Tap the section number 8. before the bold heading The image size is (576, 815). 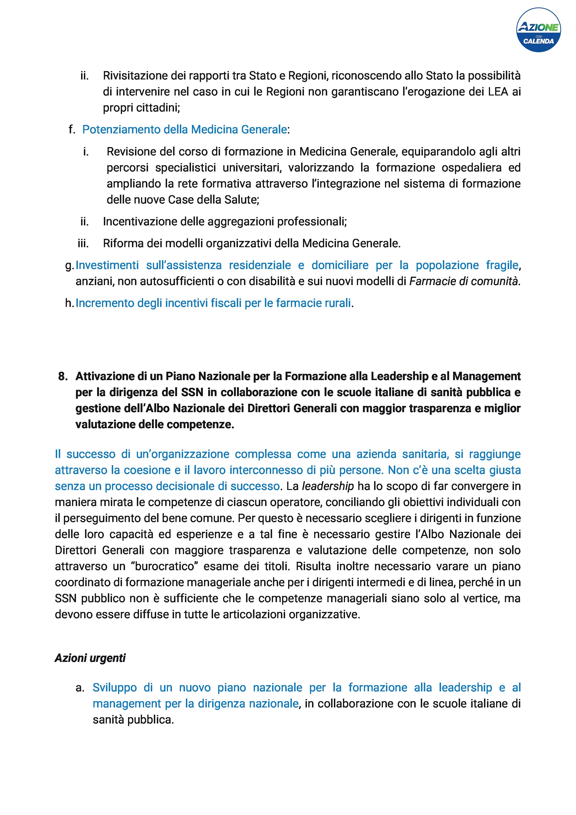63,376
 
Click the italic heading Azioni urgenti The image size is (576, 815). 90,658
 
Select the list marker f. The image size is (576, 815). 72,130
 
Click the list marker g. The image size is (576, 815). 69,265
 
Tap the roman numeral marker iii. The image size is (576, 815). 83,243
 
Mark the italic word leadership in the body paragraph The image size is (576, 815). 328,486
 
